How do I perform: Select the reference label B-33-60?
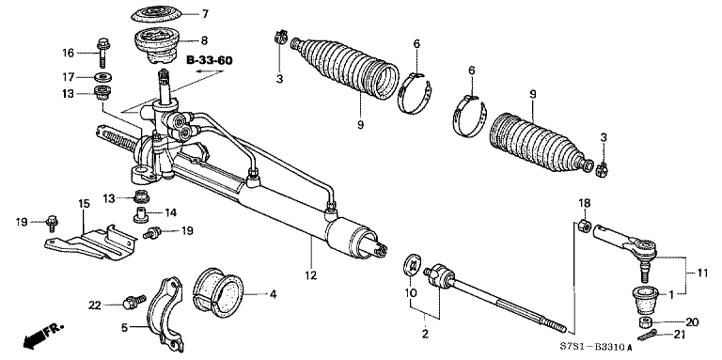tap(211, 60)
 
